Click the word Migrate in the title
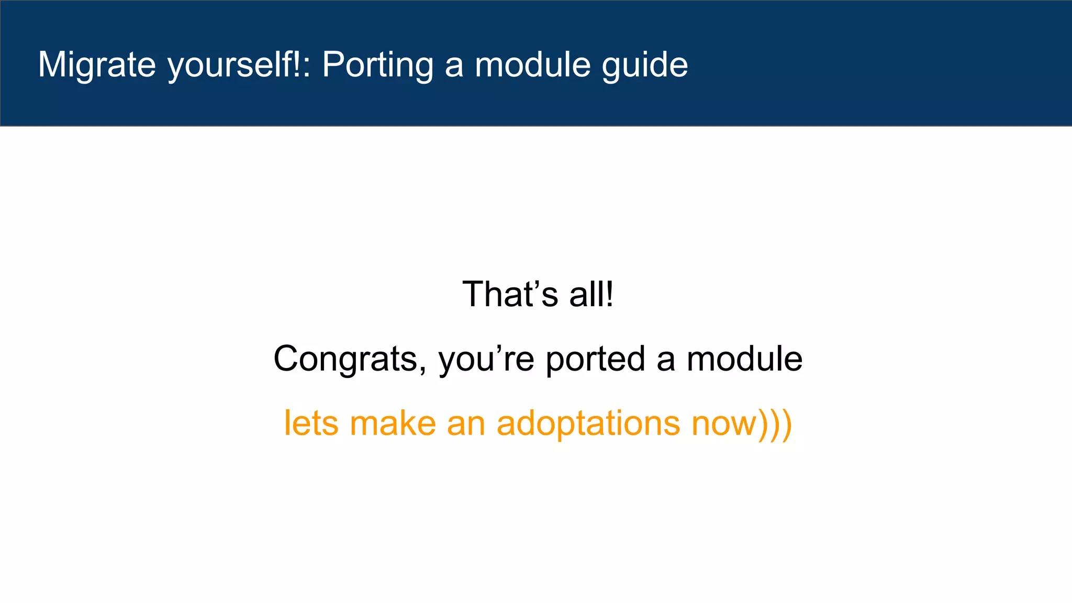[97, 65]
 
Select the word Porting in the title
[377, 65]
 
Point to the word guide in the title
[645, 65]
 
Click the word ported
[595, 359]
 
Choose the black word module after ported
[744, 359]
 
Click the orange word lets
[311, 423]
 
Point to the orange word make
[393, 423]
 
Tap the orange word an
[466, 423]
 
